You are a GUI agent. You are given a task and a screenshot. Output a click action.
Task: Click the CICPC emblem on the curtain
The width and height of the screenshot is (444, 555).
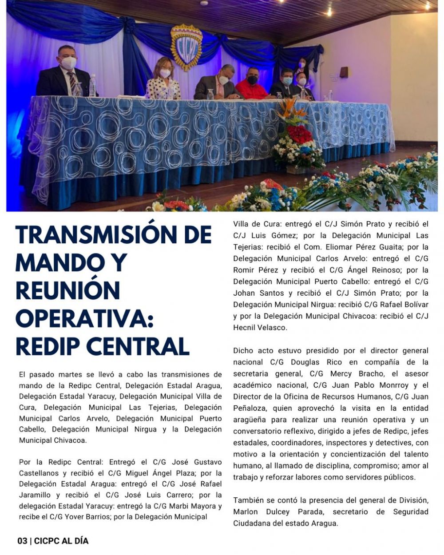[186, 47]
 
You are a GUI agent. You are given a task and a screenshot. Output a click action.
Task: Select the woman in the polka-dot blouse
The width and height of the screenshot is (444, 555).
[163, 80]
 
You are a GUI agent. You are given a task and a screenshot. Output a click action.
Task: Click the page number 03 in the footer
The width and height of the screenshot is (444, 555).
[22, 541]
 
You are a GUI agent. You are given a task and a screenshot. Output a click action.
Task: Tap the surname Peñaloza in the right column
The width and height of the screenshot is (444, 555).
[251, 408]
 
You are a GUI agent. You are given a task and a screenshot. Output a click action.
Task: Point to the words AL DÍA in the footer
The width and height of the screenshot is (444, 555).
[76, 541]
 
